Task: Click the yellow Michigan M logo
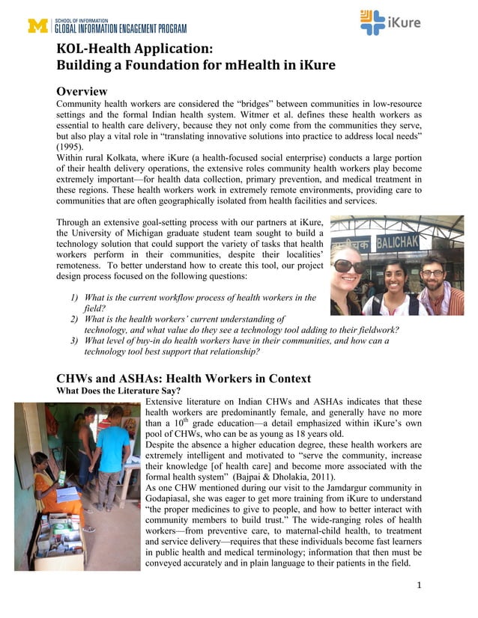pos(37,25)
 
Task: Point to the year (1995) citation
pos(72,147)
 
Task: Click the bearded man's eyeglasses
pos(432,272)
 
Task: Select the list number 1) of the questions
pos(75,298)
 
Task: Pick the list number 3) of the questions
pos(75,340)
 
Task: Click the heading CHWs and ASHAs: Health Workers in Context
pos(184,379)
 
